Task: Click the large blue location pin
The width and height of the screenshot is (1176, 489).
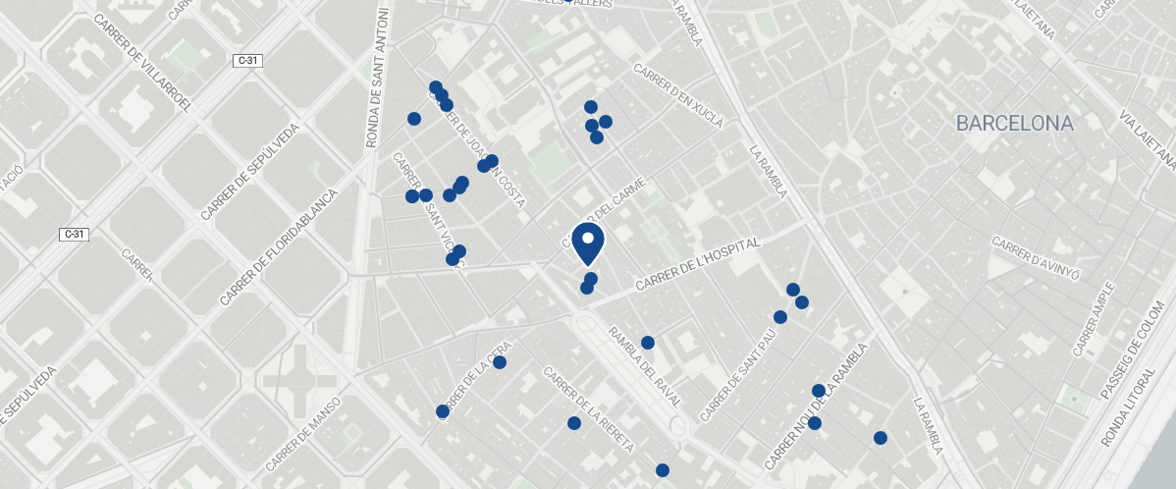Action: (587, 243)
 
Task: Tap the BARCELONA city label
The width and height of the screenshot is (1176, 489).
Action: (1015, 124)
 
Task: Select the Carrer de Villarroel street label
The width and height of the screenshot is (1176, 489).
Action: (142, 62)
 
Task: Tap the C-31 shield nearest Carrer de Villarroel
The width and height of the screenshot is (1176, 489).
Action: (248, 61)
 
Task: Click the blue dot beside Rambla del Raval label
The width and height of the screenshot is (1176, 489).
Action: (648, 343)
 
